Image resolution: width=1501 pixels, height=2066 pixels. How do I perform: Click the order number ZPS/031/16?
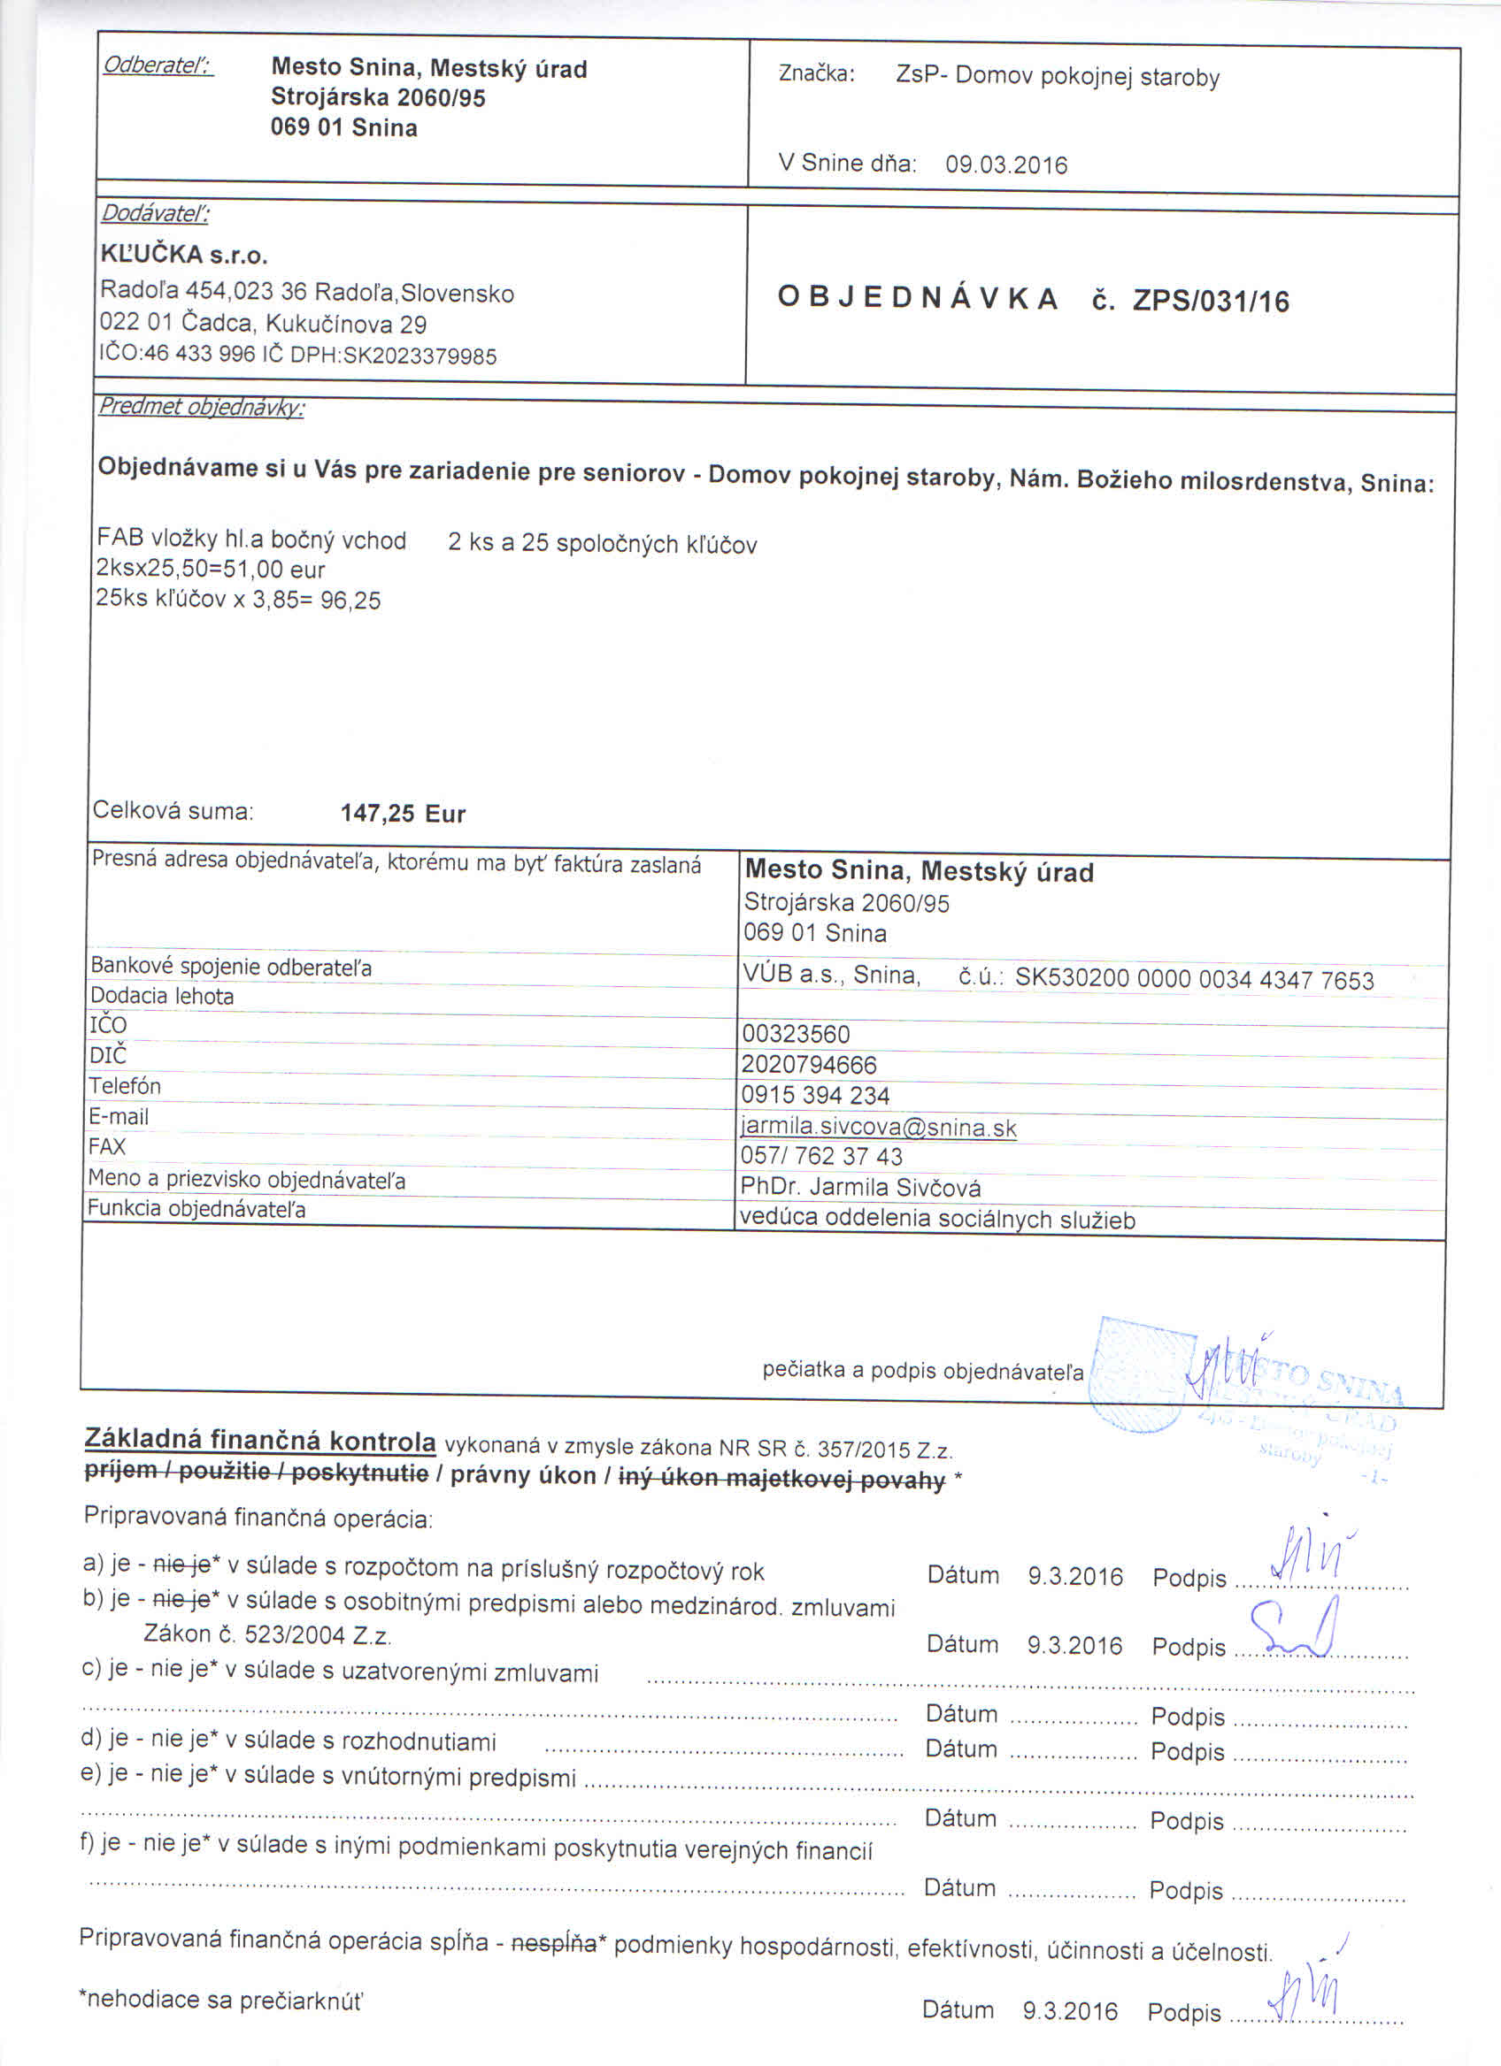[1211, 302]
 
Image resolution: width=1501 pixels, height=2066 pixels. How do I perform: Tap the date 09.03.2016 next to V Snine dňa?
[1005, 165]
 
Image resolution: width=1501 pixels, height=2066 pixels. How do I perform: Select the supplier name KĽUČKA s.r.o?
[183, 254]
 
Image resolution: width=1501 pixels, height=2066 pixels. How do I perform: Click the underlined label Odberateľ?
[158, 65]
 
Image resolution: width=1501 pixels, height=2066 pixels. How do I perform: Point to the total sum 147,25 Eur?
[403, 814]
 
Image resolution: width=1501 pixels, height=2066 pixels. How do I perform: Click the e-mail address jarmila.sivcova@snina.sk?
[879, 1128]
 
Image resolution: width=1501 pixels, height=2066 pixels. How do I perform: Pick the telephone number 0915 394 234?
[815, 1095]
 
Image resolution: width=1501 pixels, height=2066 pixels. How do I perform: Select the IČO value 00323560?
[796, 1034]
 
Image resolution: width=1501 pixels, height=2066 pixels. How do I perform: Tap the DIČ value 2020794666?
[808, 1065]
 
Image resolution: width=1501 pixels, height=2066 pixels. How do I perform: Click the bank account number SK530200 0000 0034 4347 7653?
[1194, 980]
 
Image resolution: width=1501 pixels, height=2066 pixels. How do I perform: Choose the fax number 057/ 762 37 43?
[821, 1157]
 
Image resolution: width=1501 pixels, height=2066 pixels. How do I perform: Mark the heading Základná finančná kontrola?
[259, 1440]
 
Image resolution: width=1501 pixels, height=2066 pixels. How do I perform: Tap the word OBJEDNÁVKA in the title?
[918, 298]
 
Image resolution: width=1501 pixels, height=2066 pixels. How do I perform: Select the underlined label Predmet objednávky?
[201, 406]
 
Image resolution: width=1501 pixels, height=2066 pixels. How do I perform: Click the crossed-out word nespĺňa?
[553, 1944]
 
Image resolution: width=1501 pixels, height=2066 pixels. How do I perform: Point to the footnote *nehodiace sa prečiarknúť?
[220, 2001]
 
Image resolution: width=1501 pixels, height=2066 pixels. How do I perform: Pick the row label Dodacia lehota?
[161, 997]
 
